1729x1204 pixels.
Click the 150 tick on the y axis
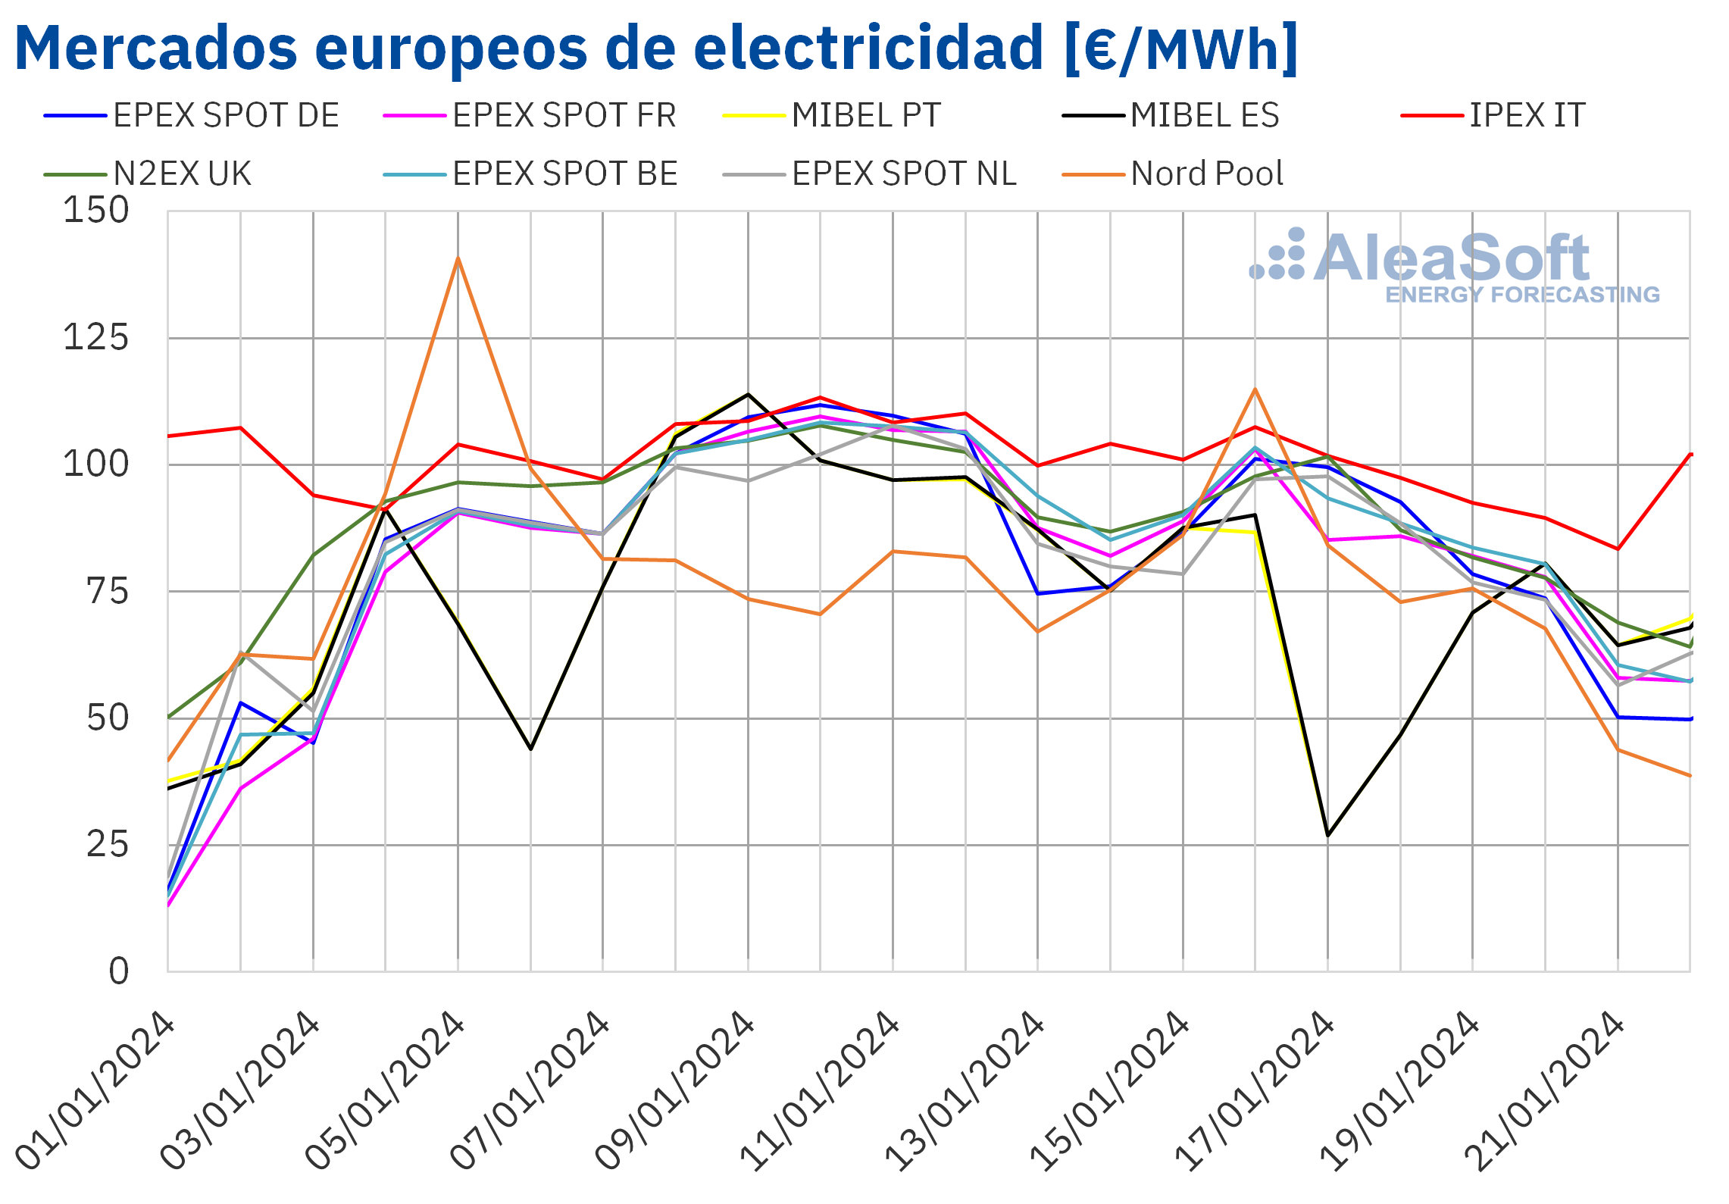96,211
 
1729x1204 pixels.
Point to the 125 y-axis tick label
96,337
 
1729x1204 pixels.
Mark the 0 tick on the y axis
119,971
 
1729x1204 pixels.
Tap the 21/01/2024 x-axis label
1546,1091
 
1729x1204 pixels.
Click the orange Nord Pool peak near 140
458,258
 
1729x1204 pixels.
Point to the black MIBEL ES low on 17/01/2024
1327,835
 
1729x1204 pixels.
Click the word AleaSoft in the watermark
1451,258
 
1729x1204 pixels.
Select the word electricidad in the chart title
868,48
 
